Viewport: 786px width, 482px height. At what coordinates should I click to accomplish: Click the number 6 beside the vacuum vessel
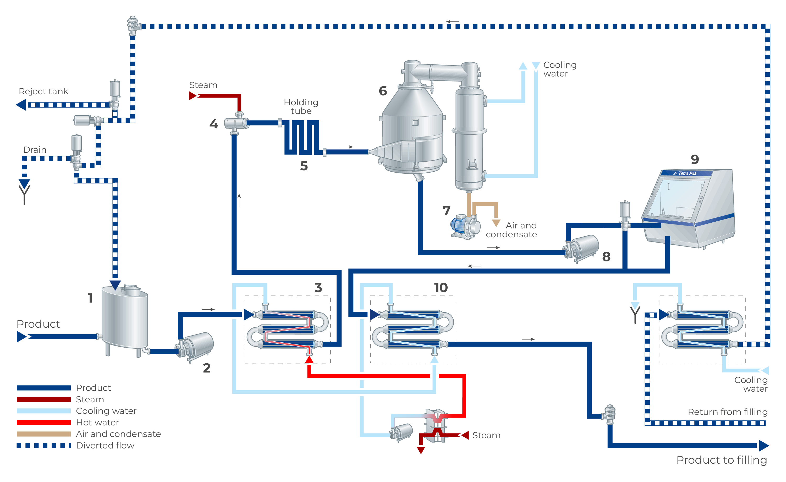click(x=383, y=91)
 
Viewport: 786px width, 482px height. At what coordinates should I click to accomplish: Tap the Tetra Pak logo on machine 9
click(x=685, y=173)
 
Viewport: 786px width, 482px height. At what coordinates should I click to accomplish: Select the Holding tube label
click(x=301, y=107)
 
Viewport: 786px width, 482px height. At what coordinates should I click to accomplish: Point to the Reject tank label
click(x=43, y=91)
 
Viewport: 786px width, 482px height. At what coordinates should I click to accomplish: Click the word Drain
click(x=35, y=150)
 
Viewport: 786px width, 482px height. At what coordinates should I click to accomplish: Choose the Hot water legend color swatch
click(x=44, y=422)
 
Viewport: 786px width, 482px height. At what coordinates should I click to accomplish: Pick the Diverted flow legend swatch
click(x=44, y=445)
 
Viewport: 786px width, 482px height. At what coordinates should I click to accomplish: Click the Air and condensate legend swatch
click(x=44, y=434)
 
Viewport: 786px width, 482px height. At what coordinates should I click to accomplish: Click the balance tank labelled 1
click(x=125, y=319)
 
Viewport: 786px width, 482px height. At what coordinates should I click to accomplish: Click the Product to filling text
click(x=722, y=460)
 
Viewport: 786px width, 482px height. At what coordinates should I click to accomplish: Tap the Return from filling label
click(x=727, y=412)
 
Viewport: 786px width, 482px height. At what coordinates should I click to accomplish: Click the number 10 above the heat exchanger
click(x=441, y=288)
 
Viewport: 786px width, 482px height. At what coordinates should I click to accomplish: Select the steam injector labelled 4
click(x=236, y=123)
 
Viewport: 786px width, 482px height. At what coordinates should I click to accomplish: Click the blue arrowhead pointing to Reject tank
click(x=21, y=105)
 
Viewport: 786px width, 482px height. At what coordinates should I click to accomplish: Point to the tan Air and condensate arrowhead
click(x=496, y=222)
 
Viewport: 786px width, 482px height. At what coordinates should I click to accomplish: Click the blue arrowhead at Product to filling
click(x=764, y=445)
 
